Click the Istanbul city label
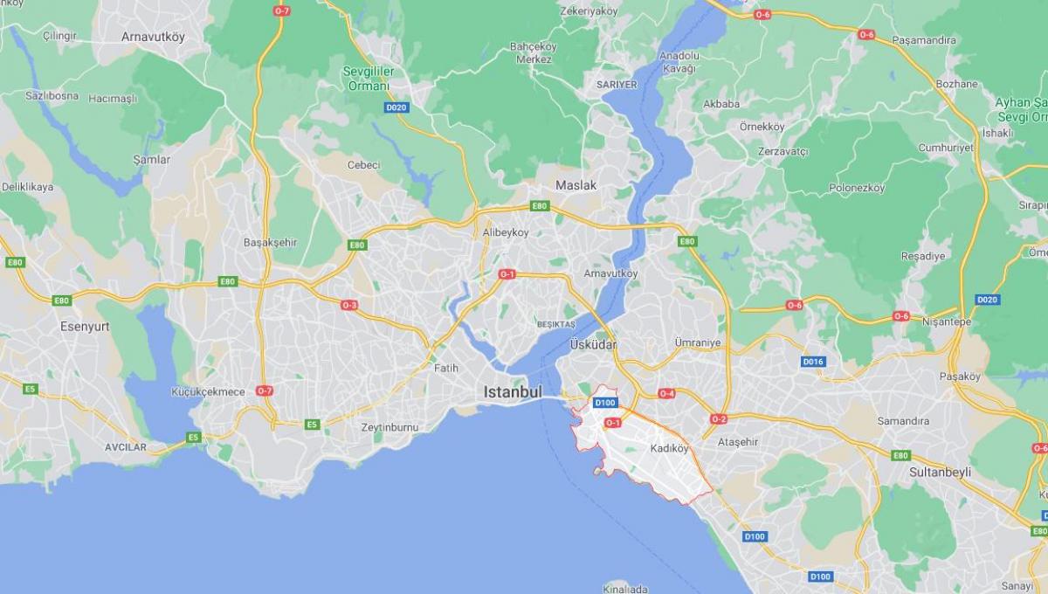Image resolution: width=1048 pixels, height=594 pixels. click(x=514, y=392)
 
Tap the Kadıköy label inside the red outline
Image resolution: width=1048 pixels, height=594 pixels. click(x=670, y=449)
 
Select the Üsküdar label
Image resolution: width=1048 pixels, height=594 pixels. click(x=593, y=345)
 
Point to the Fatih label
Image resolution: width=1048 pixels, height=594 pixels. click(x=445, y=368)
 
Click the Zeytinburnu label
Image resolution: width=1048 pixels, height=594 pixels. click(x=390, y=427)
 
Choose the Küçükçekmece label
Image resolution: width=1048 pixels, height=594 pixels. click(x=208, y=391)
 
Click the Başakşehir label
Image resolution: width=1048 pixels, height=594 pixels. click(x=271, y=242)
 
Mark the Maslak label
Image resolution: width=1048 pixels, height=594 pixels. click(x=576, y=185)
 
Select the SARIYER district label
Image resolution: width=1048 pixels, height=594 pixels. click(x=617, y=85)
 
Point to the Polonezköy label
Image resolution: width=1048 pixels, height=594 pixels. click(x=857, y=188)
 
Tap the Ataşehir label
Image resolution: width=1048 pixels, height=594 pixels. click(x=738, y=442)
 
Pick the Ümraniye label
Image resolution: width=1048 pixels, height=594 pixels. click(x=698, y=342)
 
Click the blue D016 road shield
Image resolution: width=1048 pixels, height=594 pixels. click(x=812, y=362)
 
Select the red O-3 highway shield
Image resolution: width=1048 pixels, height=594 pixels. click(x=349, y=305)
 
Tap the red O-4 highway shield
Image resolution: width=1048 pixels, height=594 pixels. click(x=666, y=394)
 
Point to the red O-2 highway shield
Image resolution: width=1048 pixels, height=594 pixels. click(x=718, y=419)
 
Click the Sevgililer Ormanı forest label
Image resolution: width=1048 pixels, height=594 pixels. click(x=369, y=78)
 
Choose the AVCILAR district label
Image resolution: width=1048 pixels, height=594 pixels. click(x=126, y=446)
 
